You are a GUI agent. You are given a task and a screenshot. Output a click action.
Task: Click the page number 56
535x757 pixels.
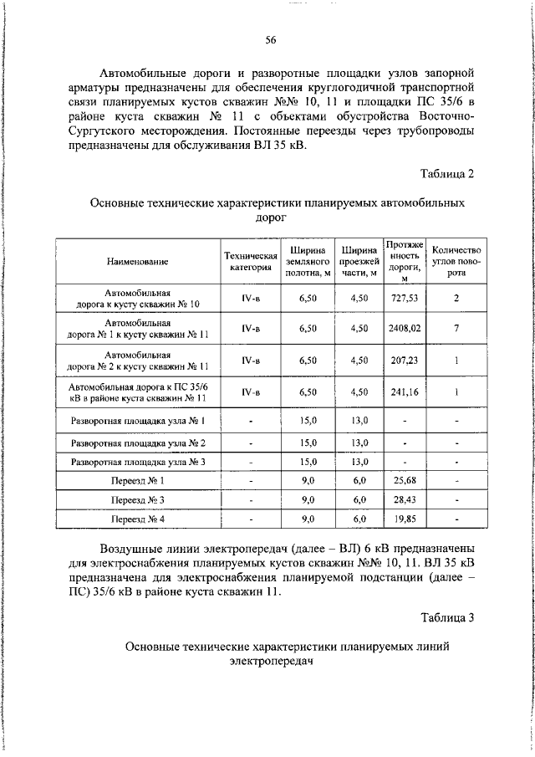click(x=270, y=40)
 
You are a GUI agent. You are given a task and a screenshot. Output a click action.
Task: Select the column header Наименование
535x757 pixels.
click(x=138, y=262)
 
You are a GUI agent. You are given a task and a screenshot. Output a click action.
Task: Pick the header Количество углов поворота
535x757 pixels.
click(x=456, y=261)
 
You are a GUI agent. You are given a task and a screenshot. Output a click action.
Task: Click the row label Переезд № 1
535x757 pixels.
click(x=138, y=481)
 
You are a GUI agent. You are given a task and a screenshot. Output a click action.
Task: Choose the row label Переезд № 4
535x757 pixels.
click(x=138, y=519)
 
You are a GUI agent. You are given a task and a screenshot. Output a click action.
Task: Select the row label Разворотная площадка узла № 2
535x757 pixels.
click(x=138, y=442)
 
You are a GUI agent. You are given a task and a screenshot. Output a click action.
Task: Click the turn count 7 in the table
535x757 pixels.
click(x=456, y=329)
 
